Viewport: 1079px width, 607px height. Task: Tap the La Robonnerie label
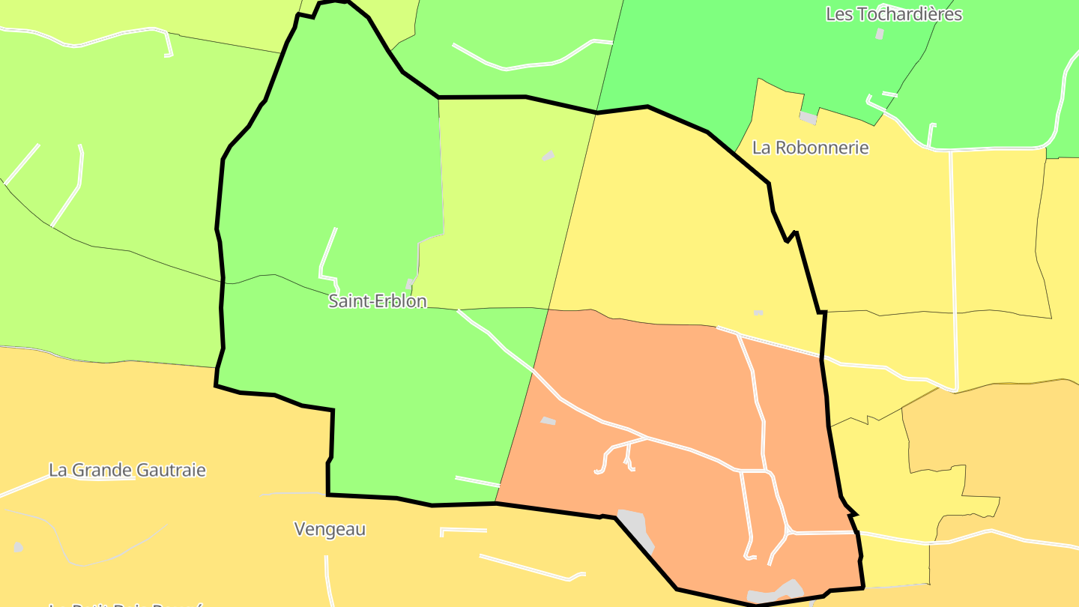(810, 148)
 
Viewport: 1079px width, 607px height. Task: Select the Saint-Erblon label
(378, 301)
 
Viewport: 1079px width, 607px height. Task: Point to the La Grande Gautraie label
(127, 471)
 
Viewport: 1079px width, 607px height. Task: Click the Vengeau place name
(330, 529)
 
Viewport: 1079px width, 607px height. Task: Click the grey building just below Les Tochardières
(880, 34)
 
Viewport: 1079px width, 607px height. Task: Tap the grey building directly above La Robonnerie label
(808, 118)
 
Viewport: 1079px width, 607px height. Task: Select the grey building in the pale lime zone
(548, 155)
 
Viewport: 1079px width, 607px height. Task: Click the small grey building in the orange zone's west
(548, 421)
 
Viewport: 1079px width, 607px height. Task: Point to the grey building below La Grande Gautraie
(18, 548)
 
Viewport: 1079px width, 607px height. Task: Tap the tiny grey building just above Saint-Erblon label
(409, 284)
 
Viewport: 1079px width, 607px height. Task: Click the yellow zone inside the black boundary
(674, 225)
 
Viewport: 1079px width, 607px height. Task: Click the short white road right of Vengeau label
(463, 531)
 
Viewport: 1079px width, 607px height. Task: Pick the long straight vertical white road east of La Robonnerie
(953, 270)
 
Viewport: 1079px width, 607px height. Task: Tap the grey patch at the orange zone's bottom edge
(776, 593)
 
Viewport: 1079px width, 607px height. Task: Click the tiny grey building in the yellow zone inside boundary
(758, 312)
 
